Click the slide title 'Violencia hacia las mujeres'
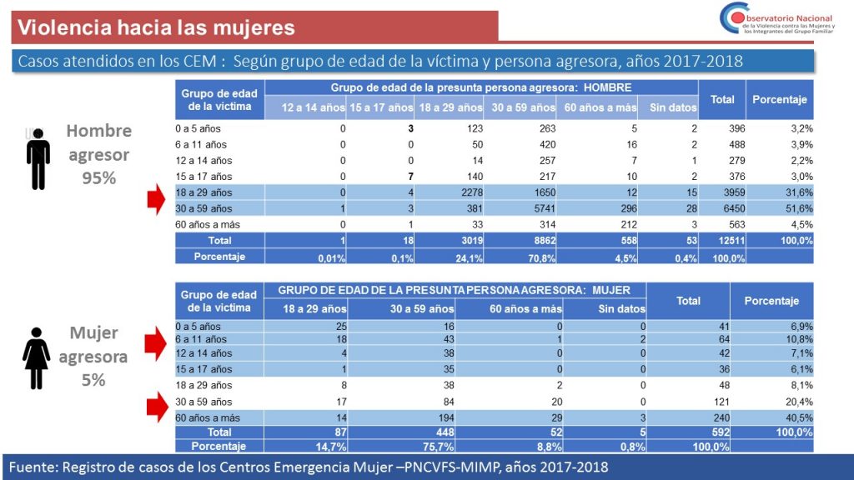(157, 27)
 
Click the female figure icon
(38, 357)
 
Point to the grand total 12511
(721, 241)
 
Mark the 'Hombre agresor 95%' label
(98, 154)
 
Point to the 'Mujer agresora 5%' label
(93, 357)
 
